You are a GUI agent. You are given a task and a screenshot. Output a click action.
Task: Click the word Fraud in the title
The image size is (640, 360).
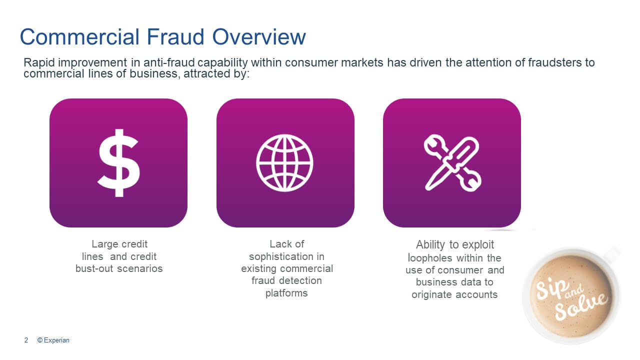pyautogui.click(x=175, y=37)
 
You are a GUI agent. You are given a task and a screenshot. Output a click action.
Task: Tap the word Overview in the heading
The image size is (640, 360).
pyautogui.click(x=259, y=37)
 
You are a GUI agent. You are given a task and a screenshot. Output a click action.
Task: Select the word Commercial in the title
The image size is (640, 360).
pyautogui.click(x=79, y=37)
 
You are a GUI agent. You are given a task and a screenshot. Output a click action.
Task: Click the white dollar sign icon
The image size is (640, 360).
pyautogui.click(x=119, y=163)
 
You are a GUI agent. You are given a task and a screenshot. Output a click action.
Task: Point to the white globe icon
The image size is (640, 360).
pyautogui.click(x=284, y=163)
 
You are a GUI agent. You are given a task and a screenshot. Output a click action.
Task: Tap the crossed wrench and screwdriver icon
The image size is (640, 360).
pyautogui.click(x=452, y=162)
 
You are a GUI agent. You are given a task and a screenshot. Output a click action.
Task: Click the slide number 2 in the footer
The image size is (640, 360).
pyautogui.click(x=26, y=340)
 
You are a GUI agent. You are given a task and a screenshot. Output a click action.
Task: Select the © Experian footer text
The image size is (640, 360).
pyautogui.click(x=53, y=340)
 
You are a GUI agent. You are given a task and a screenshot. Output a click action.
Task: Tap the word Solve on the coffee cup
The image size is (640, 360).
pyautogui.click(x=581, y=306)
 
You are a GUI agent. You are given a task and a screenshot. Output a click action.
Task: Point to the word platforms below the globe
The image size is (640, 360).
pyautogui.click(x=286, y=293)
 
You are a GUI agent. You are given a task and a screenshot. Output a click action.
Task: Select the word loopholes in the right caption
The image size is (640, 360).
pyautogui.click(x=430, y=258)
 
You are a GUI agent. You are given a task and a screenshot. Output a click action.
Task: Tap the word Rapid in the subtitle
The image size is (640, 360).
pyautogui.click(x=39, y=63)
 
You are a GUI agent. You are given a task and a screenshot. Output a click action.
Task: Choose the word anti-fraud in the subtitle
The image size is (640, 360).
pyautogui.click(x=169, y=62)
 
